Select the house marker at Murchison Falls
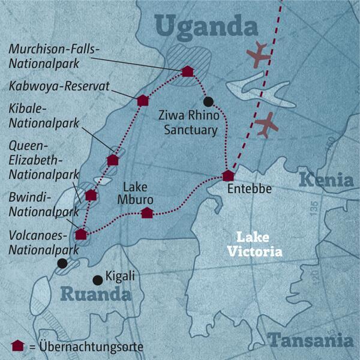click(x=187, y=72)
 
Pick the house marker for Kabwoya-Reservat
click(x=143, y=100)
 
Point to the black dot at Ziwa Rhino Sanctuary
click(x=208, y=101)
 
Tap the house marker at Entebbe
click(x=227, y=176)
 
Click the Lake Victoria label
click(x=259, y=244)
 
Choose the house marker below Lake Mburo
click(x=147, y=212)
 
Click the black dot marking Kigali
click(x=97, y=280)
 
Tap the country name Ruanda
click(x=95, y=295)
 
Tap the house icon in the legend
click(x=18, y=345)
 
